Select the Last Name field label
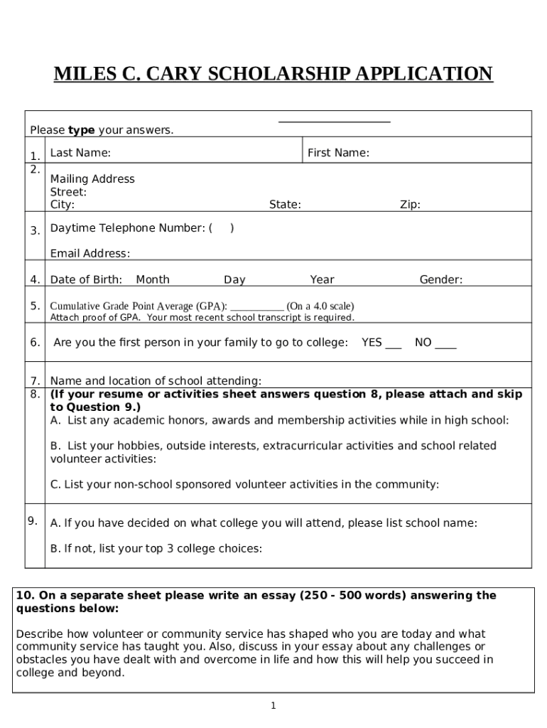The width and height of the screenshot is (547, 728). [x=80, y=153]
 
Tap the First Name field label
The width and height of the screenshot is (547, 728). [x=338, y=153]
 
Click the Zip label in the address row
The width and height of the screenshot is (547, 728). [x=410, y=205]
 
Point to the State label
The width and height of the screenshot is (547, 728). [x=285, y=205]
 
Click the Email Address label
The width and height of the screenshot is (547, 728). [x=90, y=254]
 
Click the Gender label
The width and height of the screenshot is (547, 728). [x=440, y=280]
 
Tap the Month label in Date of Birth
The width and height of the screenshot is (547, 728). [x=153, y=280]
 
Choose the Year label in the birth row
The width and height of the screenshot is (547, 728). [x=322, y=280]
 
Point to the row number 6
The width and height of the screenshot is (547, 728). [x=35, y=343]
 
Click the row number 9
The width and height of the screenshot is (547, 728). [x=33, y=521]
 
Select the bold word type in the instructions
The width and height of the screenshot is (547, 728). [x=82, y=130]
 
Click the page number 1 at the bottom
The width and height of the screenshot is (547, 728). [x=273, y=705]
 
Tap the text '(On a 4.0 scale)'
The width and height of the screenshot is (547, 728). [x=320, y=306]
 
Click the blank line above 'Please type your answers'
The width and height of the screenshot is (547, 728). [x=334, y=122]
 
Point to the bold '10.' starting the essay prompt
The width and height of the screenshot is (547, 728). [x=25, y=596]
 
